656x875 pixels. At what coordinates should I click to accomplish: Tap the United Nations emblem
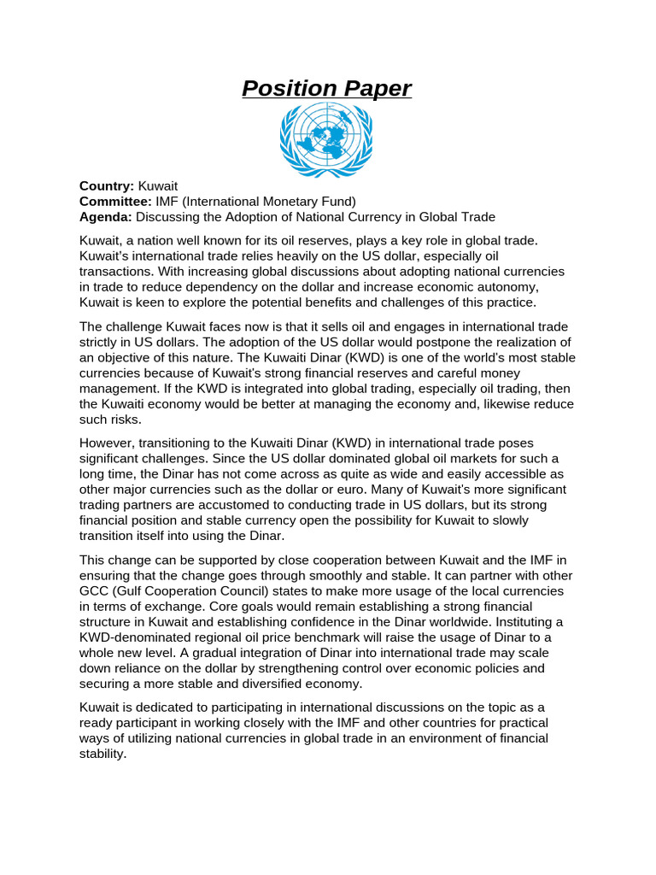[x=326, y=139]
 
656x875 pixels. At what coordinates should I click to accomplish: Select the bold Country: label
[x=107, y=185]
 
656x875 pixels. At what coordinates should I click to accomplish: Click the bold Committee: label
[x=114, y=202]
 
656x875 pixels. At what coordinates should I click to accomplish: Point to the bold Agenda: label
[x=106, y=217]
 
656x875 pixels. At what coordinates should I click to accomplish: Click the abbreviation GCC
[x=95, y=590]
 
